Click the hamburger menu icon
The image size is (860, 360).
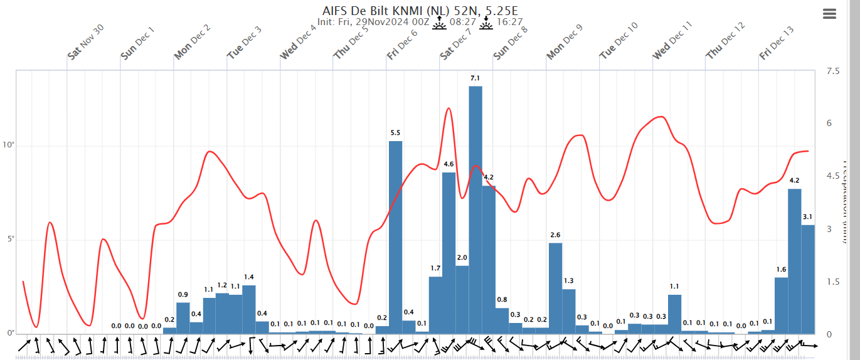coord(829,14)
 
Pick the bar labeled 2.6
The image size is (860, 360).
coord(555,288)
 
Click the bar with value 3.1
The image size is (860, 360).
coord(808,279)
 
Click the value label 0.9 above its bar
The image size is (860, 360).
coord(183,295)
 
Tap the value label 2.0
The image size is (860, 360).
coord(462,258)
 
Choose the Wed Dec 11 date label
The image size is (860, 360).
coord(672,40)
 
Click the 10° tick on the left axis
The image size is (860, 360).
coord(8,146)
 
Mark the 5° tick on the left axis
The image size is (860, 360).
coord(9,240)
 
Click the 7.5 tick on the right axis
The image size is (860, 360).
coord(833,71)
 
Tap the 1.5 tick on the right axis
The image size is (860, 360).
coord(833,282)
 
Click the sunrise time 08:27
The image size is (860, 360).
coord(463,22)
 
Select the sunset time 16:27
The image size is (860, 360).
coord(509,22)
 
